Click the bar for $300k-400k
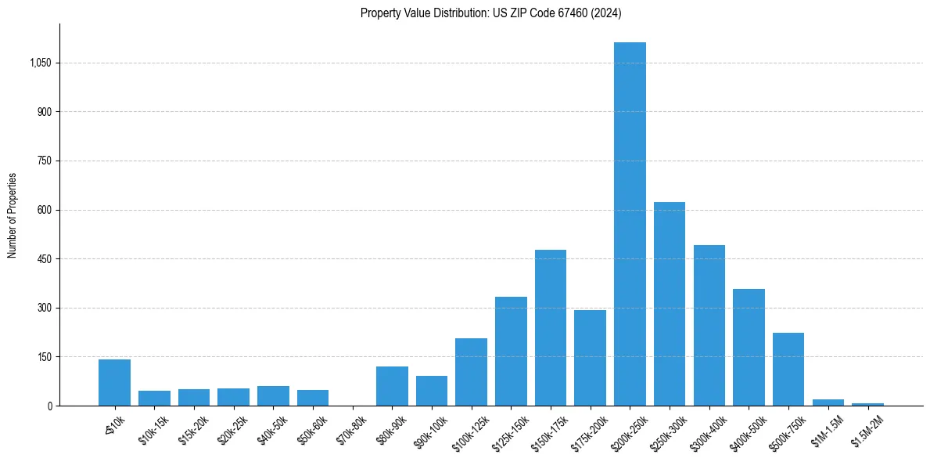click(709, 325)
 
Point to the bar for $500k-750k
click(788, 369)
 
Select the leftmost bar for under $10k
click(114, 382)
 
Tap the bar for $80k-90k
click(392, 386)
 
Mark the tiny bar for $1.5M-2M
click(867, 404)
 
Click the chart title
click(491, 13)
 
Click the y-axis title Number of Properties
click(13, 215)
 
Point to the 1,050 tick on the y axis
click(40, 63)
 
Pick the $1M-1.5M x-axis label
click(826, 429)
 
